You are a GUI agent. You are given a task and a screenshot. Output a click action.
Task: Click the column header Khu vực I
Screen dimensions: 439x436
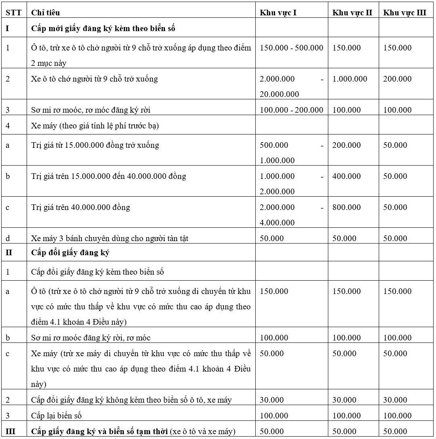[278, 13]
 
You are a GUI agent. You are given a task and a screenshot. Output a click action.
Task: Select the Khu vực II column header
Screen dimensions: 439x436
[352, 13]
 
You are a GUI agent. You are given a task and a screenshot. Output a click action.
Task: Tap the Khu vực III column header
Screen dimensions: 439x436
[405, 13]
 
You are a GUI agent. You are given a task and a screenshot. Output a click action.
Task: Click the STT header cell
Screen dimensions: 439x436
[13, 13]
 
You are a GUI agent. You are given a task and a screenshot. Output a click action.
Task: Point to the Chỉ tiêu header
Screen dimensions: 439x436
[46, 13]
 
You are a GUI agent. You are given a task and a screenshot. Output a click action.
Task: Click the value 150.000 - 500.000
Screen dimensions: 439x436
[292, 48]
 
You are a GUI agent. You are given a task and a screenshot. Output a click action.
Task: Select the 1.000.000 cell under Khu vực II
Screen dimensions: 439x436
[350, 79]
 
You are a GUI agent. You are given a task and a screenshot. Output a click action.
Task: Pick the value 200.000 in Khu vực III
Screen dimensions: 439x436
[397, 79]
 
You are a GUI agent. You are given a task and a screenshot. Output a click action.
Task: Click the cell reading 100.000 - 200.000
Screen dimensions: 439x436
[292, 110]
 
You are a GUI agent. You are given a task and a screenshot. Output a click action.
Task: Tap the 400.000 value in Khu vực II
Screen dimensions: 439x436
[346, 176]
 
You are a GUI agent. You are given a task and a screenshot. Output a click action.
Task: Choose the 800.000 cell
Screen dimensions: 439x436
[346, 207]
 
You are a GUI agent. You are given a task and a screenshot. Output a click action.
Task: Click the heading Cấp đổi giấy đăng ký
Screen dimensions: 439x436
[71, 253]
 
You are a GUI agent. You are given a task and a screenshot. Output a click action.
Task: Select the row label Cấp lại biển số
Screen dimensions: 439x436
[56, 416]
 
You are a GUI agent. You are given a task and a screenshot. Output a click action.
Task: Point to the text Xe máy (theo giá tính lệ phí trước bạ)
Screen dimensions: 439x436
[95, 126]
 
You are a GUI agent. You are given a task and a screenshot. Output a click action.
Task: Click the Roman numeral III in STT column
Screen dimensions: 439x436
[10, 431]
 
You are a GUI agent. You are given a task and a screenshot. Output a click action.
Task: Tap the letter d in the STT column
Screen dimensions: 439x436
[8, 238]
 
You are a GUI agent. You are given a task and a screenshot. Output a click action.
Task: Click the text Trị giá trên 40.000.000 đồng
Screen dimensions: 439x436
[81, 207]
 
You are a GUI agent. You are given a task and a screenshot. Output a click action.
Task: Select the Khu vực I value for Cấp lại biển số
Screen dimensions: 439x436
[274, 416]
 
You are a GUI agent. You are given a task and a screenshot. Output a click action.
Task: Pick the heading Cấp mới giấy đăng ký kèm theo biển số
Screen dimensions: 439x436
[103, 29]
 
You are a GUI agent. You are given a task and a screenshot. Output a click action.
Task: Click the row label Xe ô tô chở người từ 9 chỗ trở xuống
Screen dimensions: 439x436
[94, 79]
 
